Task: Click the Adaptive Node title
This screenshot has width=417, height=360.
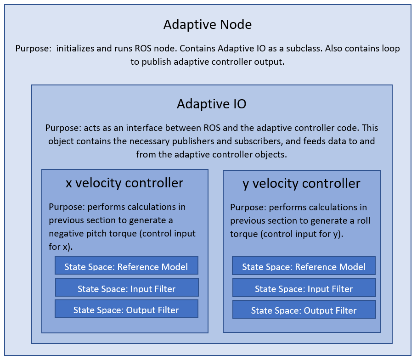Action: click(208, 24)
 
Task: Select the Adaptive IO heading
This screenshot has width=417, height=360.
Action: click(212, 104)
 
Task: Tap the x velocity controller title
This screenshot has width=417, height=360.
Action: click(124, 183)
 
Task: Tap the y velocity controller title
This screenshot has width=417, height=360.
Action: click(301, 184)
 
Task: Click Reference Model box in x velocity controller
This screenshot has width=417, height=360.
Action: click(126, 266)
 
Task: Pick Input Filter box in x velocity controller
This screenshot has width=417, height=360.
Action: click(127, 288)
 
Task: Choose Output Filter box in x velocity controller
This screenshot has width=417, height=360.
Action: click(126, 309)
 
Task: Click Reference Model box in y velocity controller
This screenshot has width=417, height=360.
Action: click(304, 266)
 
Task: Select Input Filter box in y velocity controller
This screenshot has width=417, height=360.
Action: click(304, 288)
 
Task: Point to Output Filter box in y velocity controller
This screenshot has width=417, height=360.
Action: click(304, 310)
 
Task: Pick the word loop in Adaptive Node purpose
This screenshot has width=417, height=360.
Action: click(390, 49)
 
